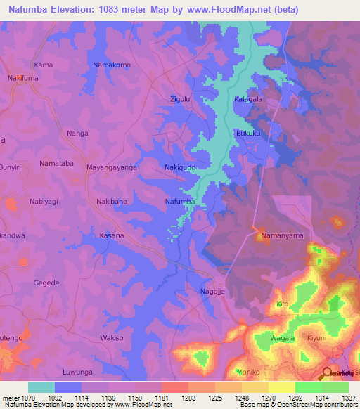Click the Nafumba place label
point(179,202)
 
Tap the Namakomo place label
point(112,65)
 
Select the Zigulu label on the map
point(181,99)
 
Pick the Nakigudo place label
point(179,168)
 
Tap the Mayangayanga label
point(111,168)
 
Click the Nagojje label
point(214,291)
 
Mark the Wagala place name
point(283,338)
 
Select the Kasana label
point(112,235)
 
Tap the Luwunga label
point(77,371)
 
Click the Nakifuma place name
point(22,79)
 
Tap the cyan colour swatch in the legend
point(41,387)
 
